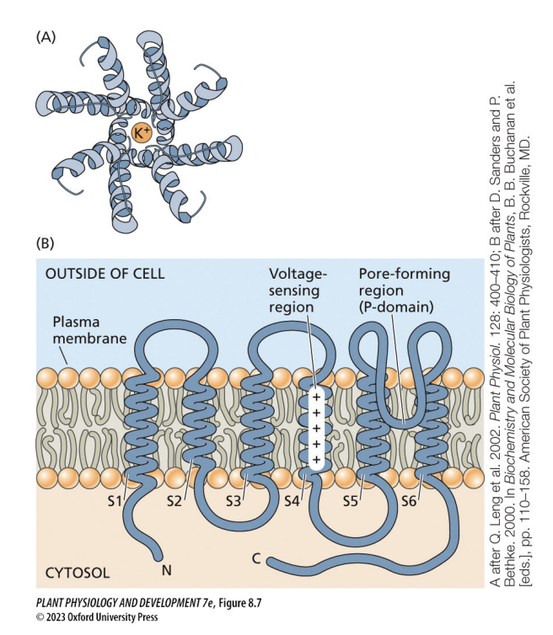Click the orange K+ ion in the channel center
coord(142,131)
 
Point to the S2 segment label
coord(174,499)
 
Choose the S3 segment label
coord(234,499)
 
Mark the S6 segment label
coord(409,499)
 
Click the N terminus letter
coord(166,570)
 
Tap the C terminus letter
coord(256,558)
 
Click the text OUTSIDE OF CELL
coord(105,274)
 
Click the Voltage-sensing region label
coord(298,291)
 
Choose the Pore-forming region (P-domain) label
coord(403,291)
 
